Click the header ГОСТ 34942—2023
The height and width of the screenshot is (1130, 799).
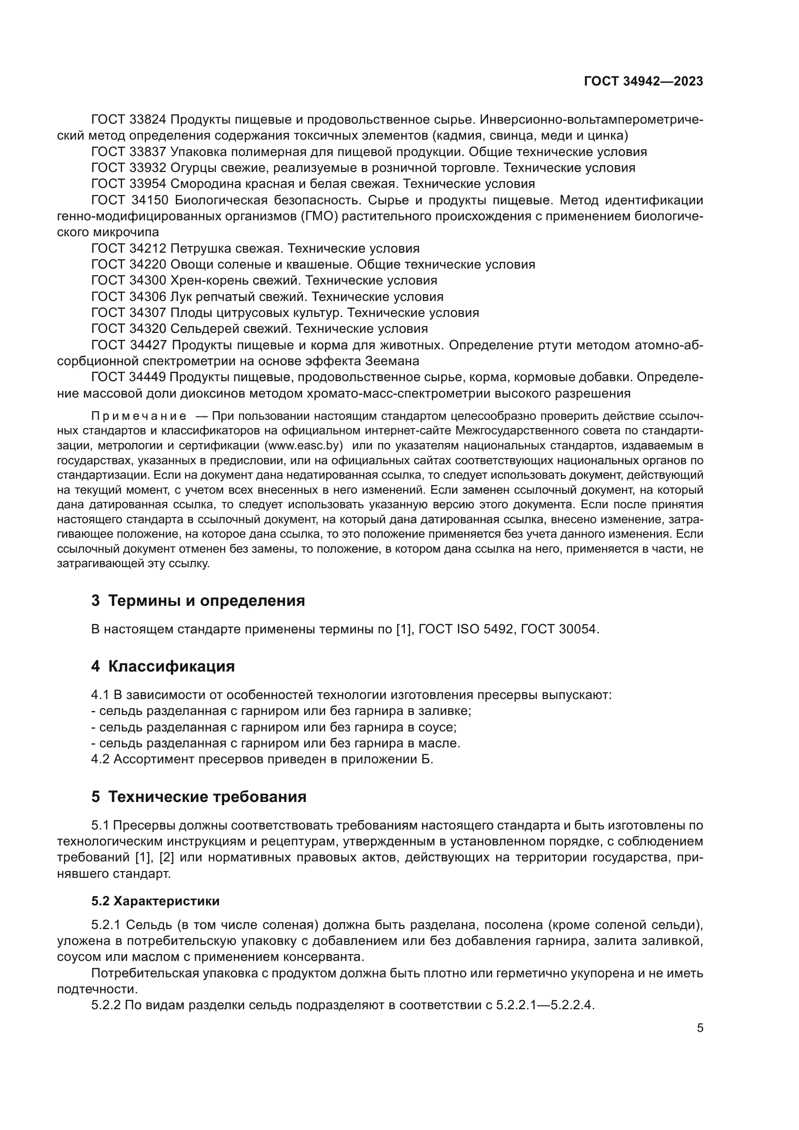pos(643,81)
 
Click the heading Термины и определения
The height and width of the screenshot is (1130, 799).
pos(206,601)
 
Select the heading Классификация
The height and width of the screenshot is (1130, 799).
pos(171,666)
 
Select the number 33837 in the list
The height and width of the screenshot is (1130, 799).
pos(148,152)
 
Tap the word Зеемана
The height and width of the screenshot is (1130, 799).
pos(392,361)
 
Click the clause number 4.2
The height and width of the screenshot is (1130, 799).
pos(100,759)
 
